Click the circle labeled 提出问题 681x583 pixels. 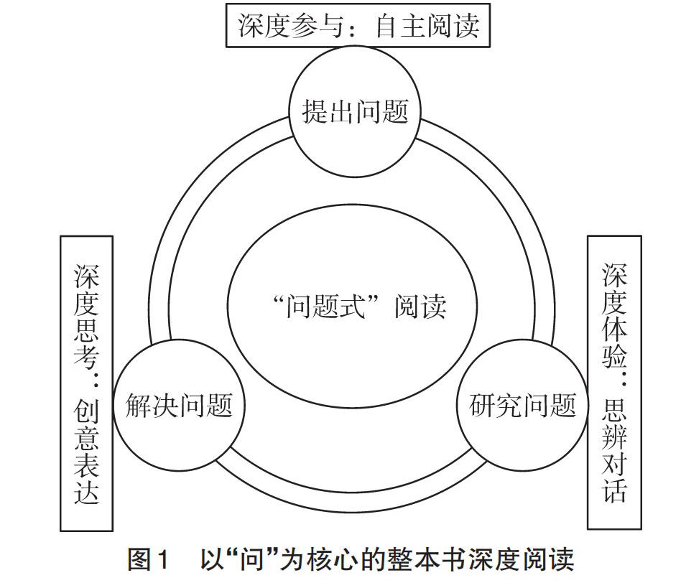point(355,112)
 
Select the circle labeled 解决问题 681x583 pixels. point(180,405)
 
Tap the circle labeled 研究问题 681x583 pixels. point(522,406)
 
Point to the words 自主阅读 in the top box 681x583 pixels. point(428,28)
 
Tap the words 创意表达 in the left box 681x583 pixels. point(86,452)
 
